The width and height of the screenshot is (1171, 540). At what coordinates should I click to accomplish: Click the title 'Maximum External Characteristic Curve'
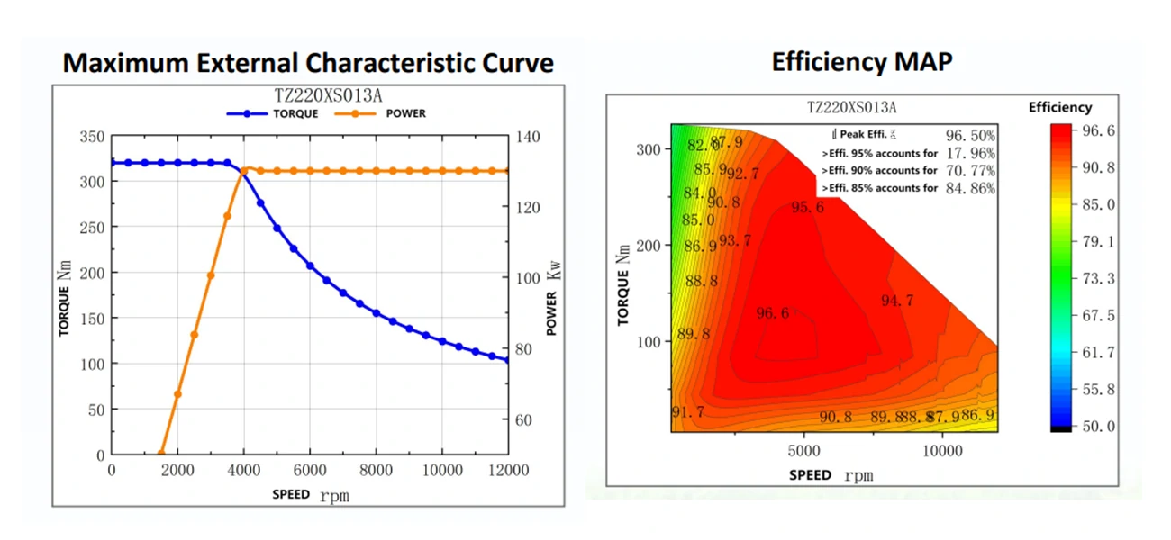point(308,63)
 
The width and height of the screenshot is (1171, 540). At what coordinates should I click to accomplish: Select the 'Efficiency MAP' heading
point(862,61)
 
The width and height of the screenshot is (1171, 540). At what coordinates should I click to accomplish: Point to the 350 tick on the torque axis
point(93,137)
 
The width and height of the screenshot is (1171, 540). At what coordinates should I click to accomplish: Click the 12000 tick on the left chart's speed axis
point(508,471)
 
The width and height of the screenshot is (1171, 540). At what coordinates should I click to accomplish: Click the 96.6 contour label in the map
point(773,313)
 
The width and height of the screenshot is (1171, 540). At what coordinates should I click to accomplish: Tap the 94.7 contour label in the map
point(896,301)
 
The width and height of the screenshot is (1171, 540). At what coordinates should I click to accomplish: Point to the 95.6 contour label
point(807,207)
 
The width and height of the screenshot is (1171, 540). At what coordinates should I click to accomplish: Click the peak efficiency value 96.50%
point(970,135)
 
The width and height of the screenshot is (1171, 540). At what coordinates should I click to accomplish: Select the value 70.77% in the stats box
point(970,170)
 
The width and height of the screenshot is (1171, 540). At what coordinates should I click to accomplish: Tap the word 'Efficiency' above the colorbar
point(1060,107)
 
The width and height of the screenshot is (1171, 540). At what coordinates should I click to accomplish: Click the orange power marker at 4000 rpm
point(244,170)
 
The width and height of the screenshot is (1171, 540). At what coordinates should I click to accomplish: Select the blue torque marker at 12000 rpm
point(507,360)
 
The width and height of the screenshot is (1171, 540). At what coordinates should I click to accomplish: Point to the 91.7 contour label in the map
point(688,412)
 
